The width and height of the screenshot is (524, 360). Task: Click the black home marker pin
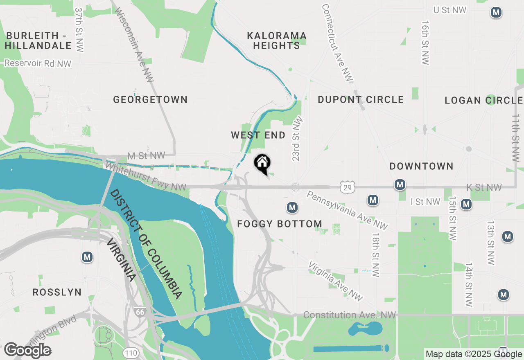[x=262, y=164]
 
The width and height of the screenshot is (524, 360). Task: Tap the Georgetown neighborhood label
[x=150, y=99]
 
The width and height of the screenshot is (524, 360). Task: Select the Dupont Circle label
[x=361, y=99]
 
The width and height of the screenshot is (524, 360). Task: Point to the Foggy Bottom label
[x=280, y=224]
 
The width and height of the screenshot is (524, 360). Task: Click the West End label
[x=258, y=135]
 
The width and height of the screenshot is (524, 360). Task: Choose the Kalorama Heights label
[x=277, y=40]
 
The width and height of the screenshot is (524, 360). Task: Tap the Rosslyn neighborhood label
[x=57, y=292]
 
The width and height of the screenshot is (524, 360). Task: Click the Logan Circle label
[x=483, y=100]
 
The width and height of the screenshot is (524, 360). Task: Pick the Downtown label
[x=421, y=166]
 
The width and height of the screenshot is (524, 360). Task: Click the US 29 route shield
[x=347, y=187]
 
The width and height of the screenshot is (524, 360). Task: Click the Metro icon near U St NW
[x=496, y=13]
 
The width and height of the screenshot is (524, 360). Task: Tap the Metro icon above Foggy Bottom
[x=292, y=207]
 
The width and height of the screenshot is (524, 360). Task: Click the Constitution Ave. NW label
[x=350, y=315]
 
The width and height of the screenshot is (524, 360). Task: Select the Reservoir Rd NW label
[x=38, y=63]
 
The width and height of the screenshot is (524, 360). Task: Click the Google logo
[x=27, y=351]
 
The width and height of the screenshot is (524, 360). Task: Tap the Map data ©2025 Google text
[x=474, y=354]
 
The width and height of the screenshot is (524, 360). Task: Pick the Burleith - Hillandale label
[x=38, y=40]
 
